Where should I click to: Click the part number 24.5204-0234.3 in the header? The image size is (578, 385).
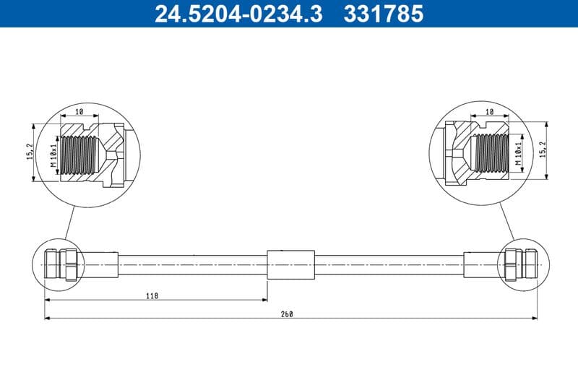[x=239, y=13]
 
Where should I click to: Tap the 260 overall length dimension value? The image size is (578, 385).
[x=289, y=314]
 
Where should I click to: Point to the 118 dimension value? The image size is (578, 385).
[x=154, y=295]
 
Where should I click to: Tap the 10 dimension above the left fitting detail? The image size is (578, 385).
[x=79, y=113]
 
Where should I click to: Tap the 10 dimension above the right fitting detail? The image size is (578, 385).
[x=489, y=113]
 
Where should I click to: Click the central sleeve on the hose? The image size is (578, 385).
[x=290, y=265]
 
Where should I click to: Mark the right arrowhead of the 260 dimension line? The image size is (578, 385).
[x=534, y=317]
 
